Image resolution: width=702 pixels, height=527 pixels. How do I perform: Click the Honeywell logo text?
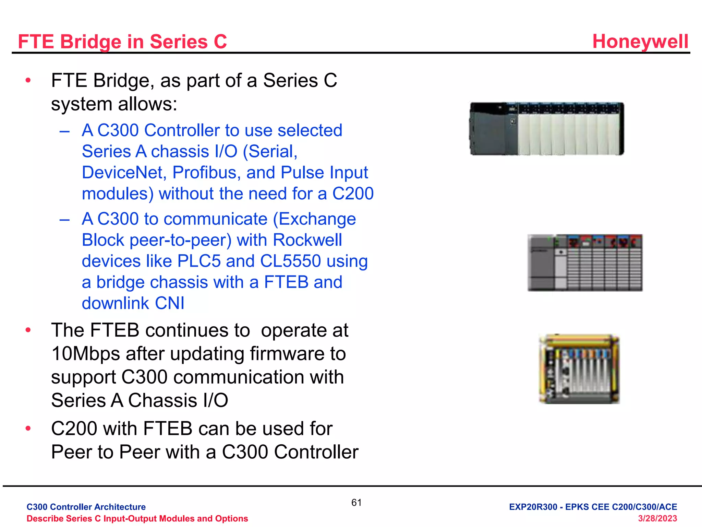tap(640, 42)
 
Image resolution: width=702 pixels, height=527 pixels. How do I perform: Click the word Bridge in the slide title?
tap(90, 42)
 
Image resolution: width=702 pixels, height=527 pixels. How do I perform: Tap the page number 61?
tap(356, 503)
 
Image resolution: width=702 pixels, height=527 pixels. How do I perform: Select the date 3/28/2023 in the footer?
tap(657, 518)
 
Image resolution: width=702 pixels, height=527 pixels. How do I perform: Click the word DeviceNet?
tap(124, 173)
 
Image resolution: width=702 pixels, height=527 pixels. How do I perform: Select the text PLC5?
tap(199, 261)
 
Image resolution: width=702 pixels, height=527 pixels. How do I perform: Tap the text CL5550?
tap(290, 261)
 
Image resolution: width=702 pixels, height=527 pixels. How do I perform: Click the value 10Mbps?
tap(85, 354)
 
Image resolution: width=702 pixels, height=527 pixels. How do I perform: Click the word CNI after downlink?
tap(169, 303)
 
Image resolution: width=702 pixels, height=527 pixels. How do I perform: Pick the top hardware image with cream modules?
tap(547, 129)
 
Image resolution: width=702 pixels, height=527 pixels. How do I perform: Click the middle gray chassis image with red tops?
tap(585, 263)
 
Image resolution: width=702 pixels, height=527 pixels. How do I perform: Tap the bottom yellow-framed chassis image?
tap(579, 369)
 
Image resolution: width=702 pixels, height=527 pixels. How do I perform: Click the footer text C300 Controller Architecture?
tap(86, 507)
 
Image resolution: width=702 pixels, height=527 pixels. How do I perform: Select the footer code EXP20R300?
tap(533, 507)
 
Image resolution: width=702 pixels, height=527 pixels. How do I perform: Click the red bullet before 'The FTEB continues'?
tap(28, 330)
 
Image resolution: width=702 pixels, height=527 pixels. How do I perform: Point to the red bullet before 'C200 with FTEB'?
tap(28, 429)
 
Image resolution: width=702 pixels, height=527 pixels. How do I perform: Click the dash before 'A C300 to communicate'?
tap(64, 219)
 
